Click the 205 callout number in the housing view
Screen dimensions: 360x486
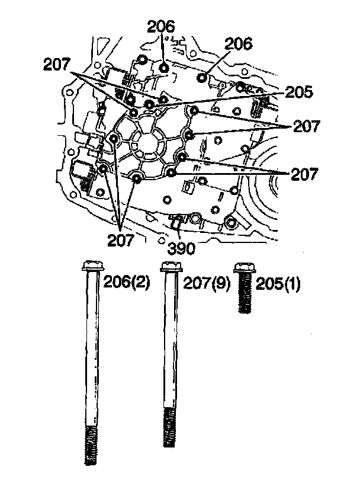tap(298, 93)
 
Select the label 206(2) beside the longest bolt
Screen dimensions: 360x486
tap(127, 282)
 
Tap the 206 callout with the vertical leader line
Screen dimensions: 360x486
tap(162, 26)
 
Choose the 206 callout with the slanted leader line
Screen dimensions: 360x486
tap(239, 43)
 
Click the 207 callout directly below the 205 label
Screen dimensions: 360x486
tap(306, 126)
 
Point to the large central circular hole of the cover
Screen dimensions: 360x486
tap(144, 142)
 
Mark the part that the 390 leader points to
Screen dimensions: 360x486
tap(176, 223)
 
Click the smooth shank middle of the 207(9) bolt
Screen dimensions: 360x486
tap(170, 344)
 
